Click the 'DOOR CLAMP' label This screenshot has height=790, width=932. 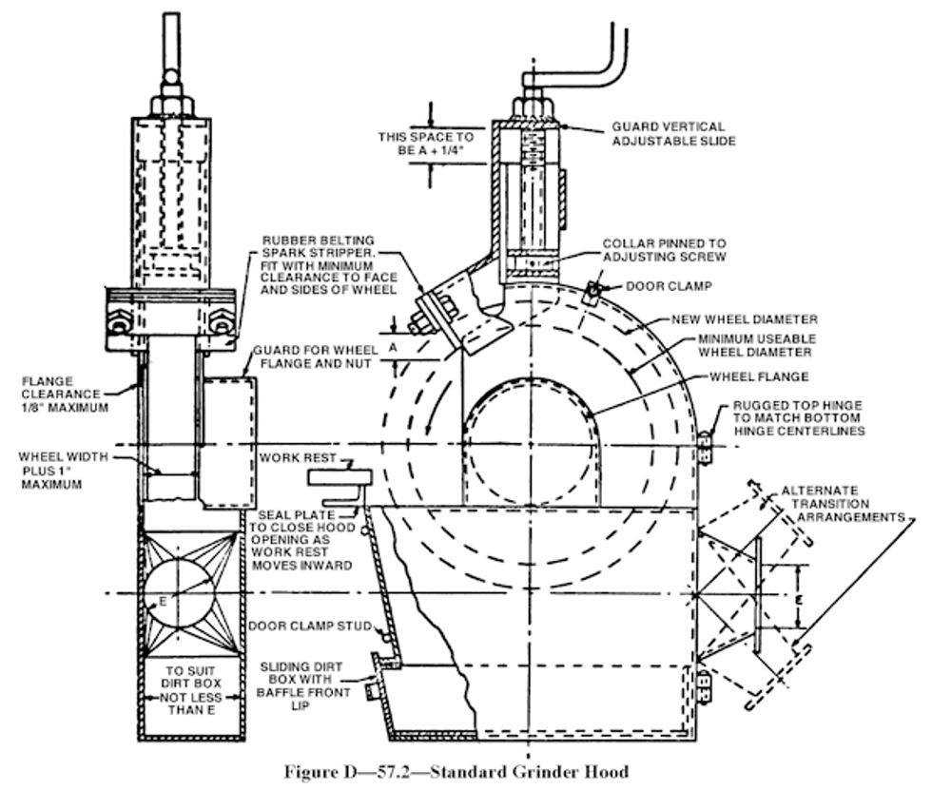pyautogui.click(x=669, y=286)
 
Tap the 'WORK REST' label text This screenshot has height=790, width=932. pyautogui.click(x=298, y=458)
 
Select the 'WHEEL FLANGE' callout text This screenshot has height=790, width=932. pyautogui.click(x=759, y=376)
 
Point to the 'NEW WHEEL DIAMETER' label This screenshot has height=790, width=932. pyautogui.click(x=745, y=319)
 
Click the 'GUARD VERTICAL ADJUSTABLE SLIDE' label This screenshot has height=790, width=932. pyautogui.click(x=674, y=134)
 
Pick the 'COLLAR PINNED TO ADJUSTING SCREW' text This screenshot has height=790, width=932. pyautogui.click(x=665, y=250)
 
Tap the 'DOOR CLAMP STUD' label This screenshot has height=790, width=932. pyautogui.click(x=310, y=626)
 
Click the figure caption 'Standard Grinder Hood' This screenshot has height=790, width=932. pyautogui.click(x=529, y=772)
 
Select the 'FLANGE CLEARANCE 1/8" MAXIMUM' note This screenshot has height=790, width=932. pyautogui.click(x=65, y=395)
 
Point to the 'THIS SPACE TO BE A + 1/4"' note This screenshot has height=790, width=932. pyautogui.click(x=426, y=144)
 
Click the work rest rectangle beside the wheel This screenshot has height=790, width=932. pyautogui.click(x=340, y=477)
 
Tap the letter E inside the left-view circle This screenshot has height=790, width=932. pyautogui.click(x=163, y=602)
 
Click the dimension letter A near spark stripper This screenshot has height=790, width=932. pyautogui.click(x=393, y=348)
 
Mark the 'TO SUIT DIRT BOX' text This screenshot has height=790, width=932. pyautogui.click(x=190, y=677)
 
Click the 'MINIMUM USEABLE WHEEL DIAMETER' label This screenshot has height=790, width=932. pyautogui.click(x=757, y=345)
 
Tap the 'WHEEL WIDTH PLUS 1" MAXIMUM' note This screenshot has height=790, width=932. pyautogui.click(x=63, y=471)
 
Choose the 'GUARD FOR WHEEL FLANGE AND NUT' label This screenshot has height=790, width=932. pyautogui.click(x=315, y=356)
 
